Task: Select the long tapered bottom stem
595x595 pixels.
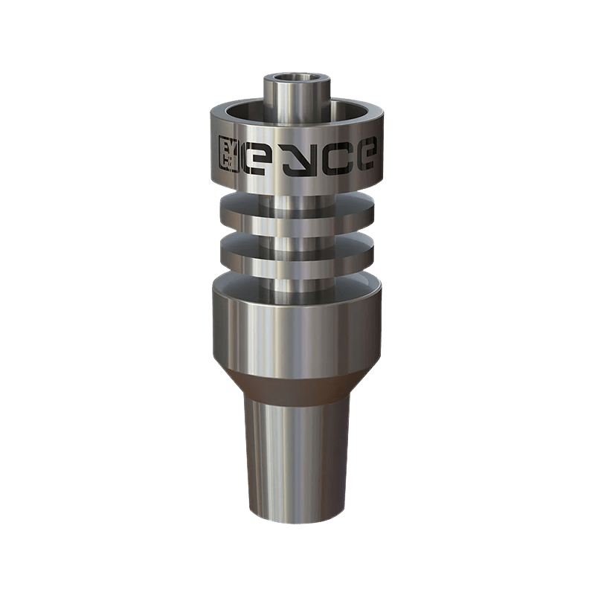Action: tap(297, 461)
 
